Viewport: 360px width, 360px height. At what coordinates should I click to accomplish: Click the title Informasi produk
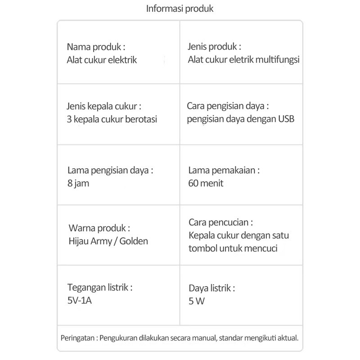[x=180, y=9]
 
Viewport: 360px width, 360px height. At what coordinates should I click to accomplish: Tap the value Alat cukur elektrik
[x=102, y=60]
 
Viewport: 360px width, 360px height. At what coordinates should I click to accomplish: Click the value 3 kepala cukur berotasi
[x=112, y=120]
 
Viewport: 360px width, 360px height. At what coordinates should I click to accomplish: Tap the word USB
[x=287, y=120]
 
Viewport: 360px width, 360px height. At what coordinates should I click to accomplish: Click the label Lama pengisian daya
[x=110, y=171]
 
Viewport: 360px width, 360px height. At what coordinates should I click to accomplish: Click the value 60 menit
[x=206, y=183]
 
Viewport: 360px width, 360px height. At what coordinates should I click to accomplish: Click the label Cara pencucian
[x=220, y=222]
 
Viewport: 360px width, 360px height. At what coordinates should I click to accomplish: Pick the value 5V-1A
[x=80, y=301]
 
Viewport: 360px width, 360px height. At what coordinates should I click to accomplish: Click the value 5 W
[x=197, y=301]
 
